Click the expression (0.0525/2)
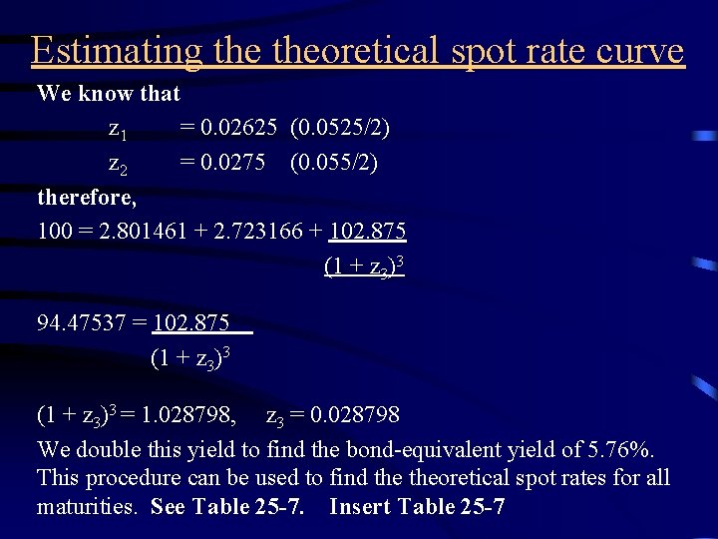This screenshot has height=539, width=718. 339,128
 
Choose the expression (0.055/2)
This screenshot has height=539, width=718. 333,162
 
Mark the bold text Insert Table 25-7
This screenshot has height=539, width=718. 416,507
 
